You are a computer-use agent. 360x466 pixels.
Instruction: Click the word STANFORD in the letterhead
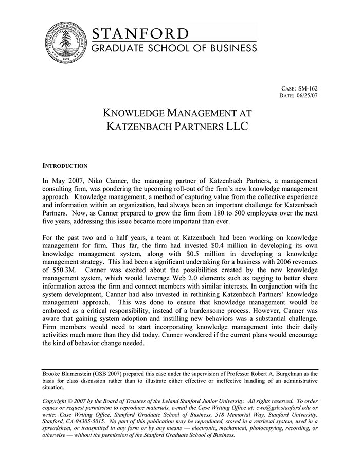140,34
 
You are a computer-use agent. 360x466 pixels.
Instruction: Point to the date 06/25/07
307,96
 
